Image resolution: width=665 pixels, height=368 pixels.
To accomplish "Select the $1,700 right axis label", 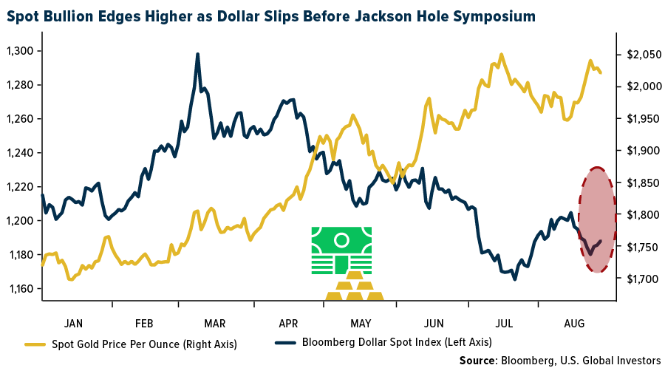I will (x=641, y=279).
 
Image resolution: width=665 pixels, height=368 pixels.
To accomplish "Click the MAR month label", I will (x=215, y=323).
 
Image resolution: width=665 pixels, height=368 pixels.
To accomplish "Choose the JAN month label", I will (x=74, y=323).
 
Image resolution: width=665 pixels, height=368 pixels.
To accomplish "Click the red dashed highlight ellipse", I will (x=597, y=219).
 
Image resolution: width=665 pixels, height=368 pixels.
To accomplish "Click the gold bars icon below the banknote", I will (x=355, y=290).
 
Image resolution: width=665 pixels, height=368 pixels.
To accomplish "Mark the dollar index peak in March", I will (x=198, y=54).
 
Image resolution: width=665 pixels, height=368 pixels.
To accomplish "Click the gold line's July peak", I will (x=502, y=54).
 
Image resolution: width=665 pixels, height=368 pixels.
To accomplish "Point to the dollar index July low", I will (x=514, y=279).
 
